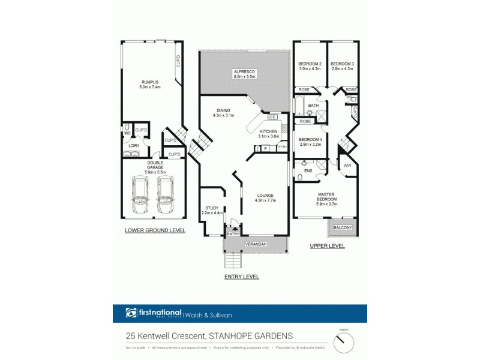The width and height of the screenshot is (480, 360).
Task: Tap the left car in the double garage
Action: (x=139, y=194)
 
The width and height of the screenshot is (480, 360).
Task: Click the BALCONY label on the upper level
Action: (x=343, y=227)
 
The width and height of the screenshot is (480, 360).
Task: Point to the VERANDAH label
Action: (x=256, y=245)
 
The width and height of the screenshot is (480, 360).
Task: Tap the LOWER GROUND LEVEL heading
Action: (x=155, y=230)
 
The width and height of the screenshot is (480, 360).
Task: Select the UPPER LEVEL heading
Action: (x=327, y=246)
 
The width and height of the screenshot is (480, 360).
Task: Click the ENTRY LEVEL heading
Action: (x=241, y=276)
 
